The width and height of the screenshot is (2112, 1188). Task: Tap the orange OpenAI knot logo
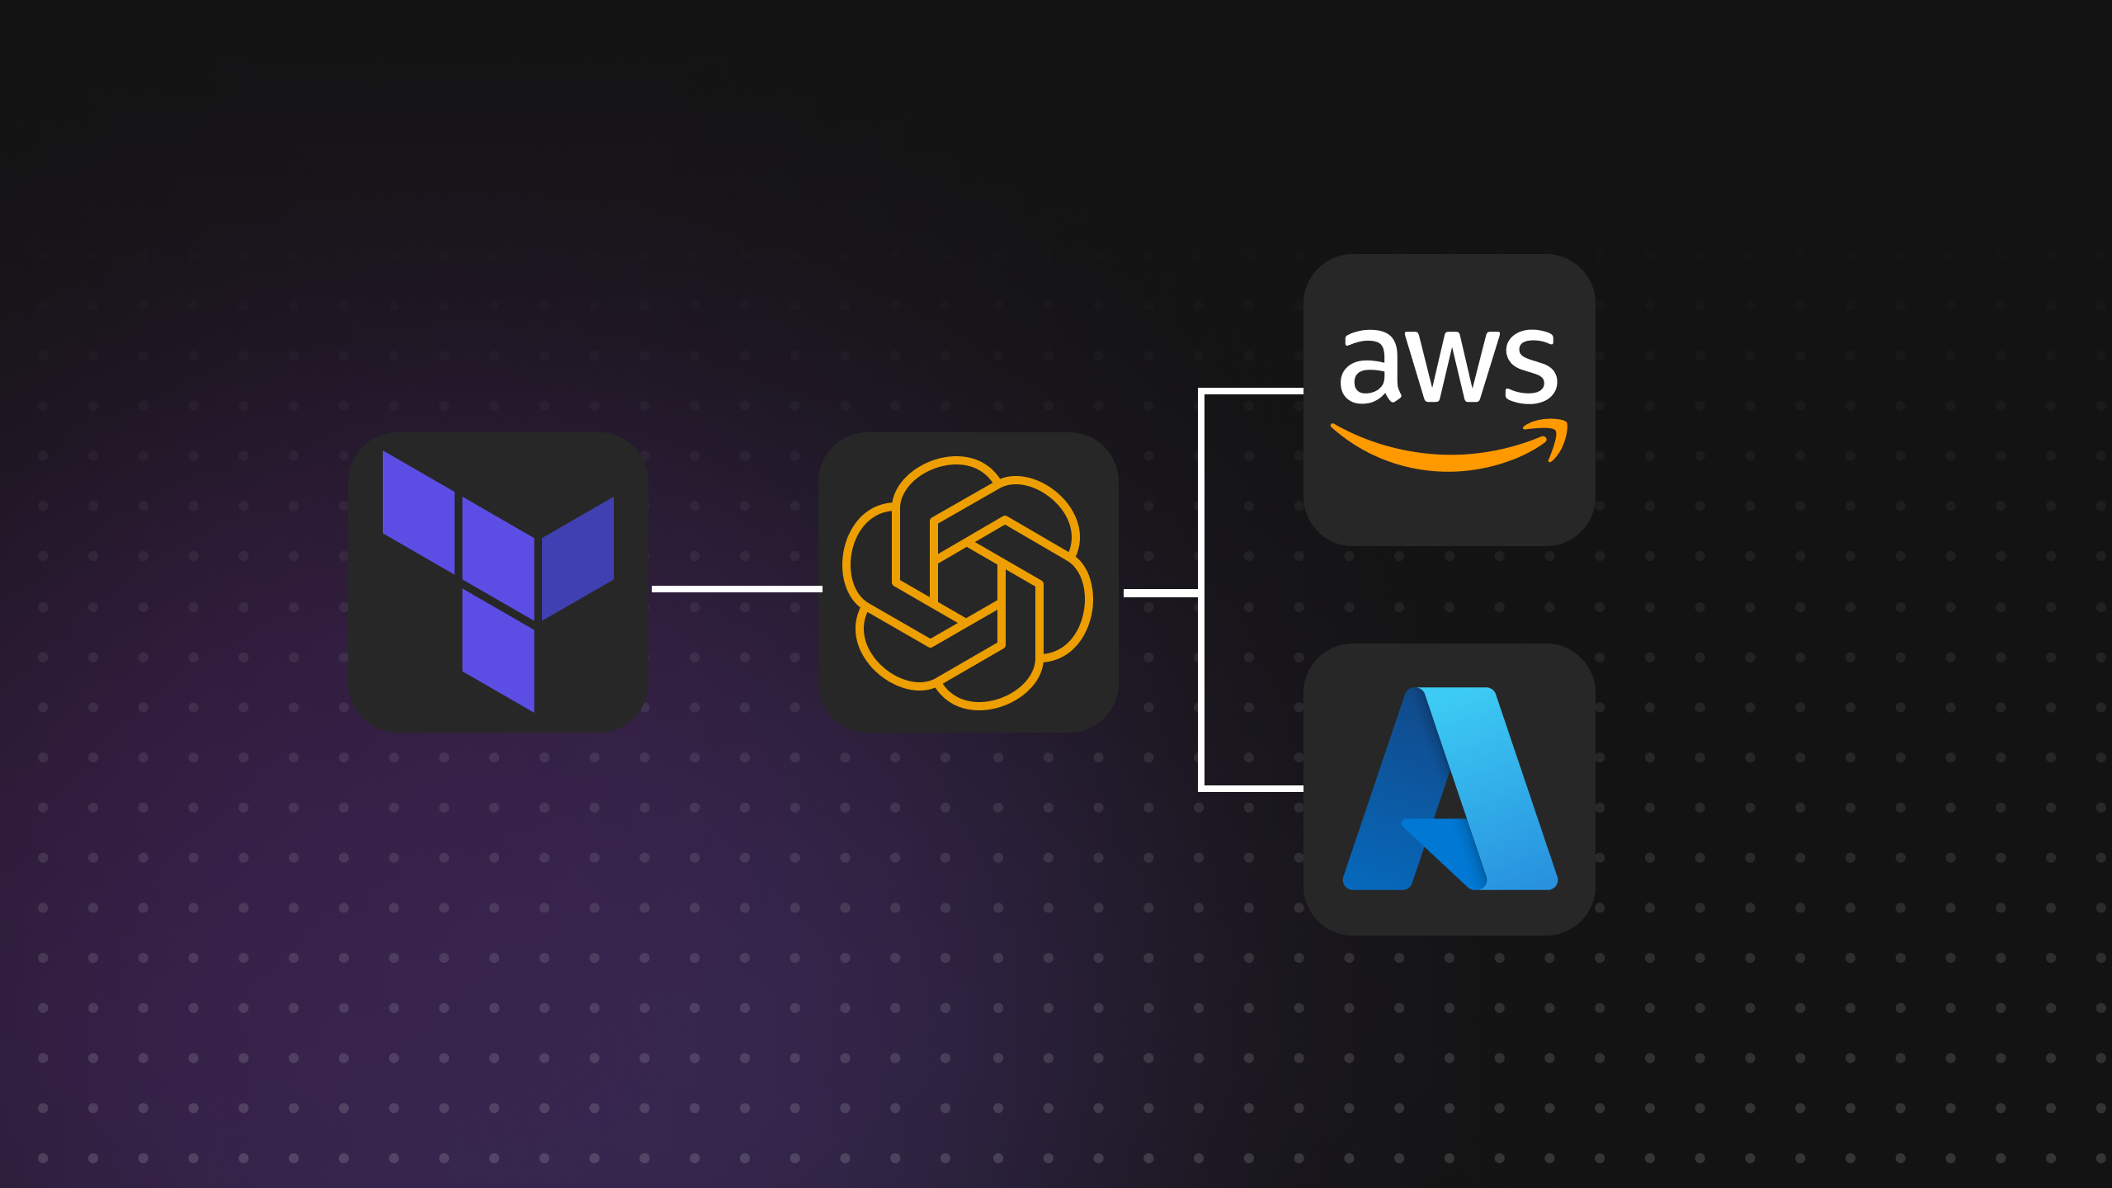(x=967, y=582)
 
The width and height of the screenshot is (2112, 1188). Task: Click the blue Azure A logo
(x=1450, y=790)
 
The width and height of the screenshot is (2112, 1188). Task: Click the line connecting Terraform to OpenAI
(x=736, y=588)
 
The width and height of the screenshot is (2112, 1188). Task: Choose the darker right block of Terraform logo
(x=577, y=558)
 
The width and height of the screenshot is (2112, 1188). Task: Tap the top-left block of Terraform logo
(x=418, y=511)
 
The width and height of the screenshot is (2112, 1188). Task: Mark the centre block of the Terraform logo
(x=498, y=558)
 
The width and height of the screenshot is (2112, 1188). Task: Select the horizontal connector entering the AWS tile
(x=1252, y=391)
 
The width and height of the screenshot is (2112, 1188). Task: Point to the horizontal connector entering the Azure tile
(x=1252, y=789)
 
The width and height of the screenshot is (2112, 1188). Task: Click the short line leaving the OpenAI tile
(x=1160, y=592)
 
